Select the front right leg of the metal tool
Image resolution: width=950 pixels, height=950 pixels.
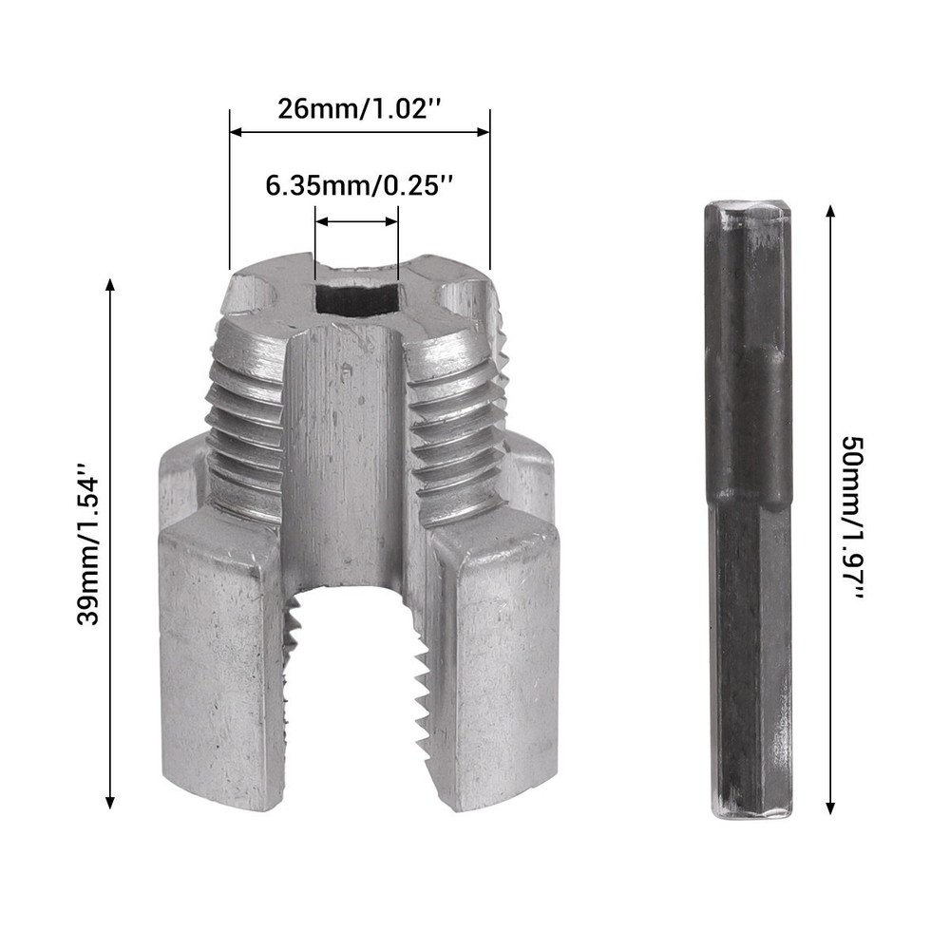pyautogui.click(x=499, y=665)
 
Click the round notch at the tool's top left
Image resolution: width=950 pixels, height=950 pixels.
pyautogui.click(x=249, y=290)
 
